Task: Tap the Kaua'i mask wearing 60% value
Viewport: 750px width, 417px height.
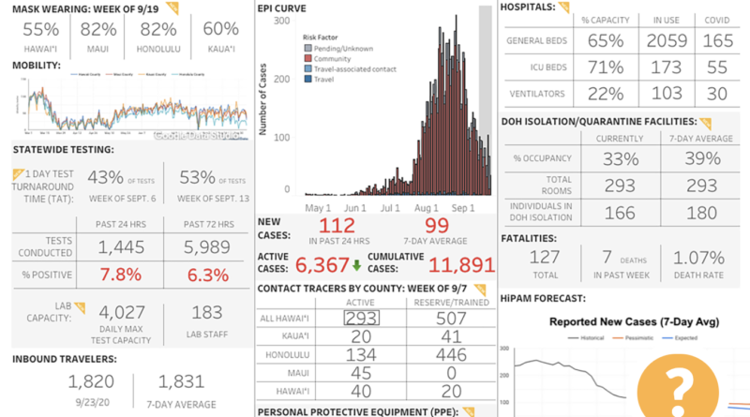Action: coord(221,30)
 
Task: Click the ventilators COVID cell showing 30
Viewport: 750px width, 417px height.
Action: coord(717,94)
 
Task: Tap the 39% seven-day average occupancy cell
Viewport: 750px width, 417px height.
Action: coord(697,158)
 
